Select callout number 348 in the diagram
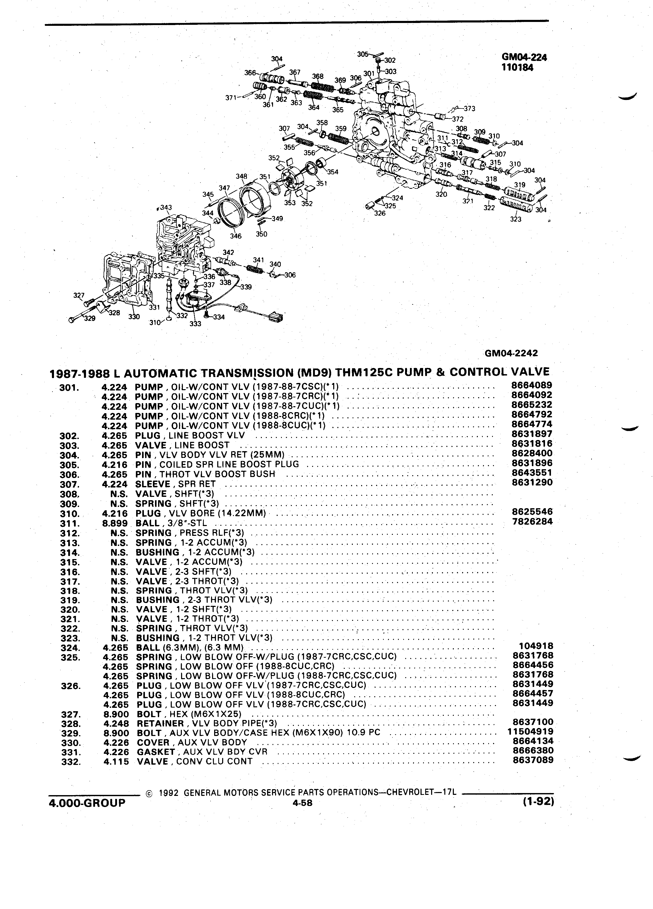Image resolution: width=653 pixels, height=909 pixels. [241, 176]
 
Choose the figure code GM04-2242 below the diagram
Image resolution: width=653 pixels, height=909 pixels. [511, 353]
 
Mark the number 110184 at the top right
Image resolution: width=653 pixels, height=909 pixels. [517, 67]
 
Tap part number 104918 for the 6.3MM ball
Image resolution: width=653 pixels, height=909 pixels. [536, 646]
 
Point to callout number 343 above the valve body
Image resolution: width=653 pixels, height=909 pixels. [164, 208]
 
